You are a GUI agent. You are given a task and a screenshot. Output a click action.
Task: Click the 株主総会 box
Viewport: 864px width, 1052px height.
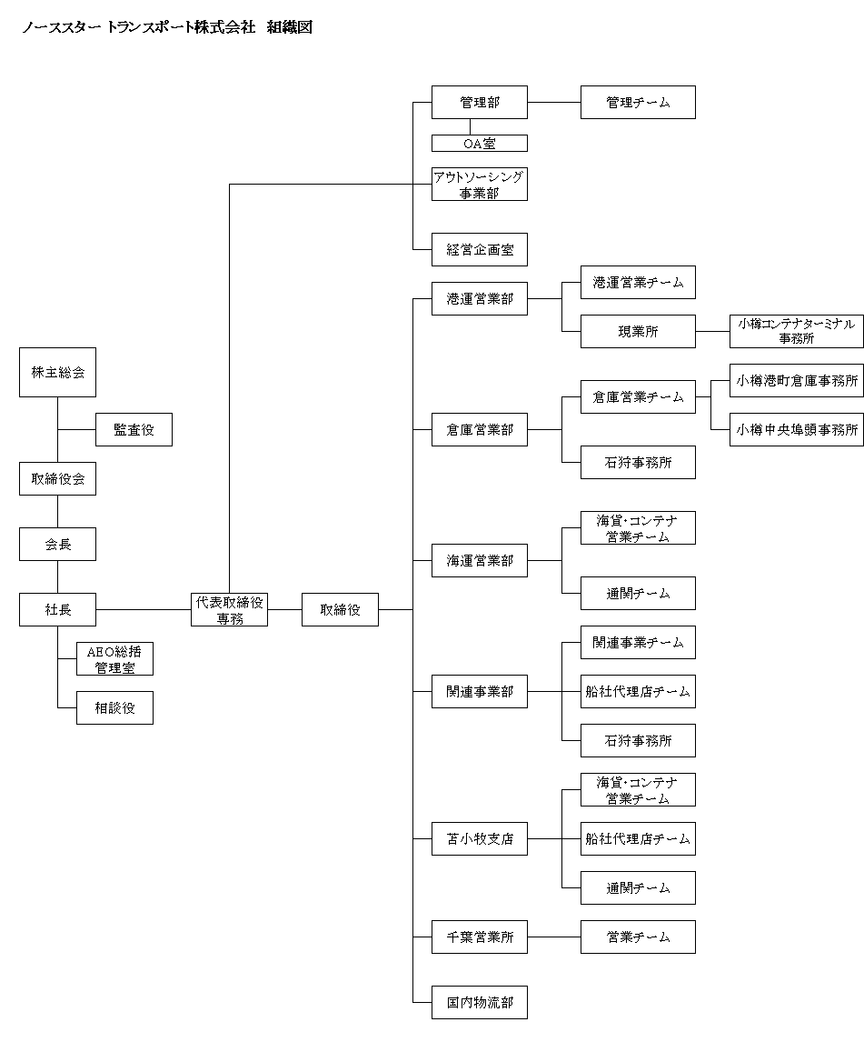(x=57, y=373)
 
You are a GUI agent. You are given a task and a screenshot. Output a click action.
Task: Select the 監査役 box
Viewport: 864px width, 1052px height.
(x=134, y=429)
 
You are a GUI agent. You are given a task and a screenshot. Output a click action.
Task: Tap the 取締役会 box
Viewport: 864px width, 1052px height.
(x=57, y=478)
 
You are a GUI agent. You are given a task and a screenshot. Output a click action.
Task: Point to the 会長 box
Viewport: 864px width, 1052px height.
(x=57, y=544)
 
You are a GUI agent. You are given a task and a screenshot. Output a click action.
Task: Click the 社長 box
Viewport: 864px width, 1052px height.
(x=57, y=609)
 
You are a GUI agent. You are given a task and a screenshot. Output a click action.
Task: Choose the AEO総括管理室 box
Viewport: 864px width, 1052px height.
(x=114, y=659)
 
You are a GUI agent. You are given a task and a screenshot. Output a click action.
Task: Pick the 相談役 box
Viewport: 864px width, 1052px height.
(x=114, y=707)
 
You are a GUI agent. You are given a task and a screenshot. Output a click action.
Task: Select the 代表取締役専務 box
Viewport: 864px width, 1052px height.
(x=229, y=609)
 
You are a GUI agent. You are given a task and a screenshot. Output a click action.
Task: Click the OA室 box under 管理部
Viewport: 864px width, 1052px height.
(x=480, y=143)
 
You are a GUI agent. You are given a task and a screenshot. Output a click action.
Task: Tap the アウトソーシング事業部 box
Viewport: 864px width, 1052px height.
(x=480, y=184)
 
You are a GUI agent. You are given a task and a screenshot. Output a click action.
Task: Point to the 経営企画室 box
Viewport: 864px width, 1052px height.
(x=480, y=249)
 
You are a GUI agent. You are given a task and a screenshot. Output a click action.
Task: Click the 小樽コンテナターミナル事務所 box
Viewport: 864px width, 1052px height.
(x=796, y=332)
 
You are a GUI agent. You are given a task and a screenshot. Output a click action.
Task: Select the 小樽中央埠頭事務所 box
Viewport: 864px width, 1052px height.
(x=796, y=429)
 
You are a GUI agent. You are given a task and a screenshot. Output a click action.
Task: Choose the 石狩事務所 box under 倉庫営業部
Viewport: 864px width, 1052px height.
(x=638, y=462)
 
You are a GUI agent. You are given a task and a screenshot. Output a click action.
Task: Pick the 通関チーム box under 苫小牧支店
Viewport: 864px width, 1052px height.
(x=638, y=887)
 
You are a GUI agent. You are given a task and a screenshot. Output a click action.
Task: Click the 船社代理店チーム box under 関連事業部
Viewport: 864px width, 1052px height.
(x=638, y=692)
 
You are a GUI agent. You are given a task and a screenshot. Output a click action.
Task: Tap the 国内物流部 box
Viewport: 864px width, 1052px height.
(x=480, y=1002)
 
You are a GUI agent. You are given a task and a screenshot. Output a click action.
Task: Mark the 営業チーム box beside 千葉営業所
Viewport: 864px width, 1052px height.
(x=638, y=937)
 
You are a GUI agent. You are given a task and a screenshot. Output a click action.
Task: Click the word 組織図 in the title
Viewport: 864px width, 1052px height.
(x=290, y=27)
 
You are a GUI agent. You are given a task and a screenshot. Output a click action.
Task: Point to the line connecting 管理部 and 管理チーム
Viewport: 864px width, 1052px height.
(x=554, y=102)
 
